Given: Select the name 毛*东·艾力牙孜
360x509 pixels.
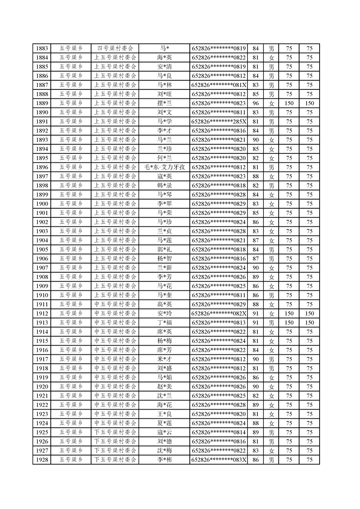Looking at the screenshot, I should [164, 167].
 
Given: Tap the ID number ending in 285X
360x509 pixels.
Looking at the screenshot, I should [219, 122].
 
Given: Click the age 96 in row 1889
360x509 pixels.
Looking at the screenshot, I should [256, 103].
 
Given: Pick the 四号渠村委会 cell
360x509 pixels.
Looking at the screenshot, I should [115, 49].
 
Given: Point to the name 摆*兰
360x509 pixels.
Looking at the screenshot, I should [164, 103].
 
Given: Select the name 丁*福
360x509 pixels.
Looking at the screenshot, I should [164, 323].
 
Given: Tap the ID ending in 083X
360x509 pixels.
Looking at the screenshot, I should [219, 460].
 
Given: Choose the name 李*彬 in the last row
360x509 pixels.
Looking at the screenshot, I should [164, 460].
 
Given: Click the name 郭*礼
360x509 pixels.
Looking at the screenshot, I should [164, 250].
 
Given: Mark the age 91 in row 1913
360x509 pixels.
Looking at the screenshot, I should [256, 323].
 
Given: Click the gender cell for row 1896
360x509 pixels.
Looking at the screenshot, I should [271, 167].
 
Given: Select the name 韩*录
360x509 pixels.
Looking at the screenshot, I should [164, 186].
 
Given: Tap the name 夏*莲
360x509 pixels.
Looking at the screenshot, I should [164, 423].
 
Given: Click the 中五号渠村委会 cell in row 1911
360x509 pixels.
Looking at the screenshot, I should [115, 304].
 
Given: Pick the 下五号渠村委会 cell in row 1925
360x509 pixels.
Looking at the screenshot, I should [115, 432].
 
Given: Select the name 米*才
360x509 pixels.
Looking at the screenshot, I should [164, 359].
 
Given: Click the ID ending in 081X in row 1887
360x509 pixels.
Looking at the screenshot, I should [219, 85].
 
